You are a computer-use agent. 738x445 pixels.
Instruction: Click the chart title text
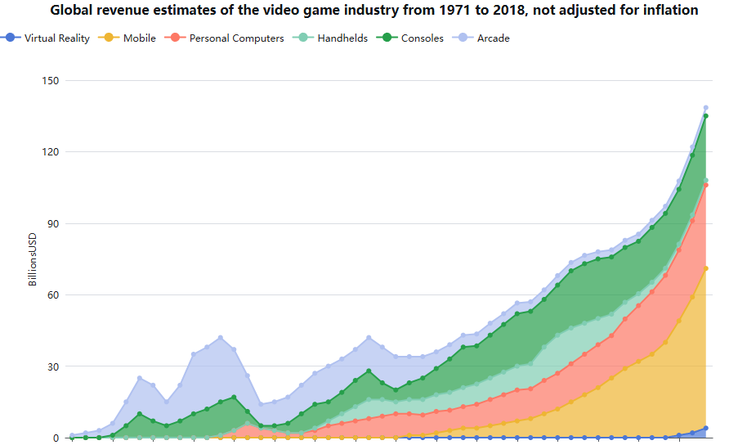coord(374,11)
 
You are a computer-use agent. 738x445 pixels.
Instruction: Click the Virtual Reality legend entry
coord(56,38)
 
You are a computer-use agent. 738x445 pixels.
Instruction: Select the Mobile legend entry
coord(139,38)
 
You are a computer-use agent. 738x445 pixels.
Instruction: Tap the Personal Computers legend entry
coord(236,38)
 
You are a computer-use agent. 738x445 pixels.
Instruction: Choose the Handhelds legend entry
coord(342,38)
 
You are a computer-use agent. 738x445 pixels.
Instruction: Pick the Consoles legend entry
coord(422,38)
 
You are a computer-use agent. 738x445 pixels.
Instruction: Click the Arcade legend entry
coord(493,38)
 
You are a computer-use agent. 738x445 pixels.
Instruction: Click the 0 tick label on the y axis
coord(56,438)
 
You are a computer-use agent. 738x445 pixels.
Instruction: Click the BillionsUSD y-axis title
coord(34,259)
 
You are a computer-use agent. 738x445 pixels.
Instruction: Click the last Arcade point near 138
coord(706,108)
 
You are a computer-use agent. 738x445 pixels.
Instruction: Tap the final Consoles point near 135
coord(706,116)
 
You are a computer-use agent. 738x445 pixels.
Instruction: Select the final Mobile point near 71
coord(706,268)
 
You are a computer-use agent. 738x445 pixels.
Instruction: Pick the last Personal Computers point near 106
coord(706,185)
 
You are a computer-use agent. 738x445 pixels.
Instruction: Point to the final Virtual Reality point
coord(706,428)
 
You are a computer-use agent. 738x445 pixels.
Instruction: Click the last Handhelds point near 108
coord(706,180)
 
